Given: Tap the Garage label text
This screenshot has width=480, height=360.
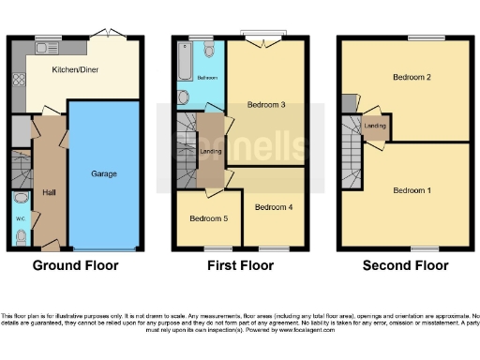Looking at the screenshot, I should (x=103, y=174).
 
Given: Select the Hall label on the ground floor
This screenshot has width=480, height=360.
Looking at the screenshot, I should (x=50, y=193).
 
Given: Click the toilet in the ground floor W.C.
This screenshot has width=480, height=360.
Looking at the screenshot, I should (x=21, y=236).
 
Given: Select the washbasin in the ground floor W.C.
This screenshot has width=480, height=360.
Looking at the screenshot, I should (x=21, y=200).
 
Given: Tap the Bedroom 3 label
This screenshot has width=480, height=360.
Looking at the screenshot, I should (x=266, y=105).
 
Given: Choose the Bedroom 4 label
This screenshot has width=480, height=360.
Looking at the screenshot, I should (x=273, y=206).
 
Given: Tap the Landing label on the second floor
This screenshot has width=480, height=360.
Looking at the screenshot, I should (x=375, y=125).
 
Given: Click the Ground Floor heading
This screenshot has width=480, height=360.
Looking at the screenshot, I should (x=76, y=265).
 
